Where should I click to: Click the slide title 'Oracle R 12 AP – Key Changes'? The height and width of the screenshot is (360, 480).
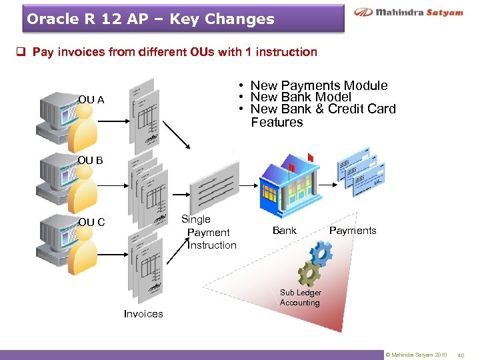151,19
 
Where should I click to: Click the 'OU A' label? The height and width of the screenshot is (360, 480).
91,100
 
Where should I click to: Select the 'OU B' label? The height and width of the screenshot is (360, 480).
90,161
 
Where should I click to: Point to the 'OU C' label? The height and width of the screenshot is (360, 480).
91,222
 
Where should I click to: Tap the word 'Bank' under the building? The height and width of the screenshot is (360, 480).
285,231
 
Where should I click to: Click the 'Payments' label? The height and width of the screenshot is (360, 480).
353,231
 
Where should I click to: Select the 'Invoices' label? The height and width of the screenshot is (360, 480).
143,313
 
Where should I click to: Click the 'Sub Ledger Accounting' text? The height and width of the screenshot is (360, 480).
300,297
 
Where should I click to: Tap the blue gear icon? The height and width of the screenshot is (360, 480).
321,253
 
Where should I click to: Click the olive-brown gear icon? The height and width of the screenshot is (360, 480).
309,273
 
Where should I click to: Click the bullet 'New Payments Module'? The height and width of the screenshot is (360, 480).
319,85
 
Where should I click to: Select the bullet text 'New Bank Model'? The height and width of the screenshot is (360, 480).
301,97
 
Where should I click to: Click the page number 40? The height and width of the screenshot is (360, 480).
461,355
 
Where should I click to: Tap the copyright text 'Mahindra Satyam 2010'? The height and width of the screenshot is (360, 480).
416,355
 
